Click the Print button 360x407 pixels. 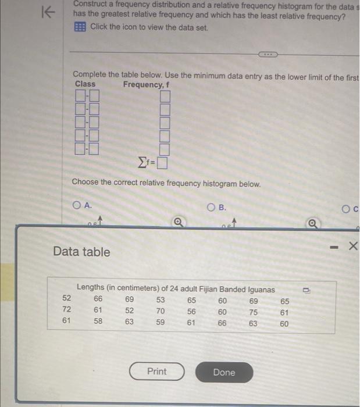[x=156, y=372]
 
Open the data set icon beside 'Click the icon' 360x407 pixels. [x=80, y=27]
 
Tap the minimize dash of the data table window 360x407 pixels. [x=333, y=247]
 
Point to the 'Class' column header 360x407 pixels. [x=85, y=84]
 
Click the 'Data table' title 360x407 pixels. [x=81, y=252]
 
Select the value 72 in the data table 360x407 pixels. [x=67, y=311]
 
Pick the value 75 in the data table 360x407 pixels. [x=253, y=311]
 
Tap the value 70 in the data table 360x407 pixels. [x=161, y=311]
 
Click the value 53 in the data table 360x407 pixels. [x=161, y=300]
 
